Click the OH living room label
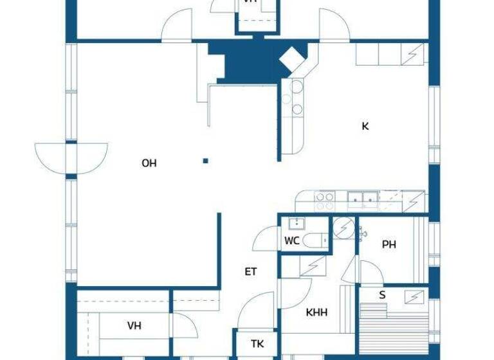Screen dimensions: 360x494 149,163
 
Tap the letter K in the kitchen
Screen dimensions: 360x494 365,126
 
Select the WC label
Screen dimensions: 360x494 291,241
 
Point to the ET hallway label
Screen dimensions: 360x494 251,272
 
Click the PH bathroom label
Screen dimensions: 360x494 389,244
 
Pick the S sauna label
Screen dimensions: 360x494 382,295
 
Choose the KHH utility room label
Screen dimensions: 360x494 316,312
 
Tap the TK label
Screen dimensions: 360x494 257,343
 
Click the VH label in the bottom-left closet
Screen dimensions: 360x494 134,326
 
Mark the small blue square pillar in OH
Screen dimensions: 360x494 205,161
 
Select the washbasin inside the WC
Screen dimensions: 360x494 297,224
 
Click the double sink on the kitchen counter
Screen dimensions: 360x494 361,200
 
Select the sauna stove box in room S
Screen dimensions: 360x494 414,296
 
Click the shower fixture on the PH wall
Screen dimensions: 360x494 363,234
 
